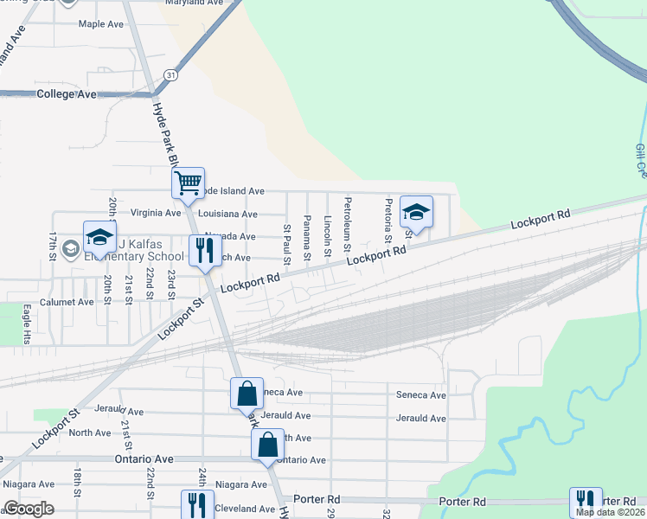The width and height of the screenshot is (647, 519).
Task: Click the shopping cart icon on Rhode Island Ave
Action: pos(187,183)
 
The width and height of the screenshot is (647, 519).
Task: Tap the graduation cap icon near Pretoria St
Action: pos(416,211)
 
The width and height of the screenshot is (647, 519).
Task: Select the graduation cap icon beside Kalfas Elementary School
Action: pos(99,237)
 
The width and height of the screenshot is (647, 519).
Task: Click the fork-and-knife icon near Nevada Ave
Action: pos(204,250)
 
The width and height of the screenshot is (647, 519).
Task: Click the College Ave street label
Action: pos(66,93)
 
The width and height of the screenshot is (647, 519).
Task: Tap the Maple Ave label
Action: pos(103,24)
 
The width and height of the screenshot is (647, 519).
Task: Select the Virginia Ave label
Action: pos(155,213)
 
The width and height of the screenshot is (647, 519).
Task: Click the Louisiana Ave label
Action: pos(227,214)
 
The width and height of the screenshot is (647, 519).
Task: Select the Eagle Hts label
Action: pos(27,323)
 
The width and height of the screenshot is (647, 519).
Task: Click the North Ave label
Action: pos(90,432)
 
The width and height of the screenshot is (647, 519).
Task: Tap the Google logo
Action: pos(29,509)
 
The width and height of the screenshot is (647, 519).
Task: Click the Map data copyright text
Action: pos(610,512)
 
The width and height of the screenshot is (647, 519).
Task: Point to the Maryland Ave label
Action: pos(195,3)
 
